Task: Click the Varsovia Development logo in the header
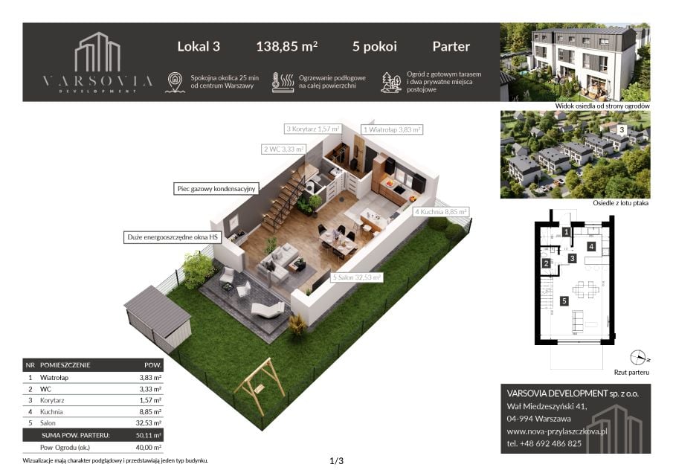(x=98, y=62)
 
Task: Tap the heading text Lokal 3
(x=199, y=46)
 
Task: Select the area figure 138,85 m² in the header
(x=287, y=46)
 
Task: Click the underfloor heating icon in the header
(x=283, y=82)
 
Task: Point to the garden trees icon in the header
(x=391, y=82)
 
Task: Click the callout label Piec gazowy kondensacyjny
(x=216, y=189)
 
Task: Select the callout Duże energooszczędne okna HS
(x=173, y=237)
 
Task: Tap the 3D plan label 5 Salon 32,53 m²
(x=357, y=277)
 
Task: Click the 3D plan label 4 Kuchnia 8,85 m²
(x=441, y=212)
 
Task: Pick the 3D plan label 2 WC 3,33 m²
(x=284, y=149)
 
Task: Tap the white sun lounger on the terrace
(x=268, y=309)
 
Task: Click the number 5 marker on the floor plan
(x=564, y=301)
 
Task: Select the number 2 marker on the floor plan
(x=546, y=263)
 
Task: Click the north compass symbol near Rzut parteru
(x=638, y=358)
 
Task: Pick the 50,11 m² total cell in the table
(x=149, y=435)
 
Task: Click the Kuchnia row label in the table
(x=51, y=411)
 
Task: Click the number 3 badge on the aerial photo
(x=622, y=129)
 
